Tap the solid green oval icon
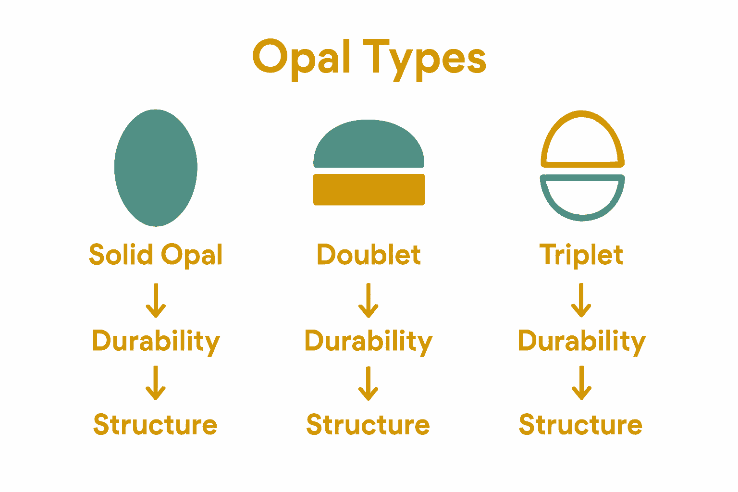[x=156, y=168]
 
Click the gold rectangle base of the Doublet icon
[x=369, y=189]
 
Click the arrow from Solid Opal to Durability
[x=156, y=301]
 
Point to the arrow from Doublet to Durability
[x=369, y=301]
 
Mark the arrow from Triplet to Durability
[x=581, y=301]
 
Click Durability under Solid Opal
[x=156, y=341]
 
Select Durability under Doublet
[x=369, y=341]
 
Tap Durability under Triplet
[x=581, y=341]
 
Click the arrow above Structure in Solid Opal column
[x=156, y=383]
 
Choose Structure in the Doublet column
[x=368, y=425]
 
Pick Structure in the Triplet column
[x=580, y=425]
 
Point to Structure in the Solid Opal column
[x=155, y=425]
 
